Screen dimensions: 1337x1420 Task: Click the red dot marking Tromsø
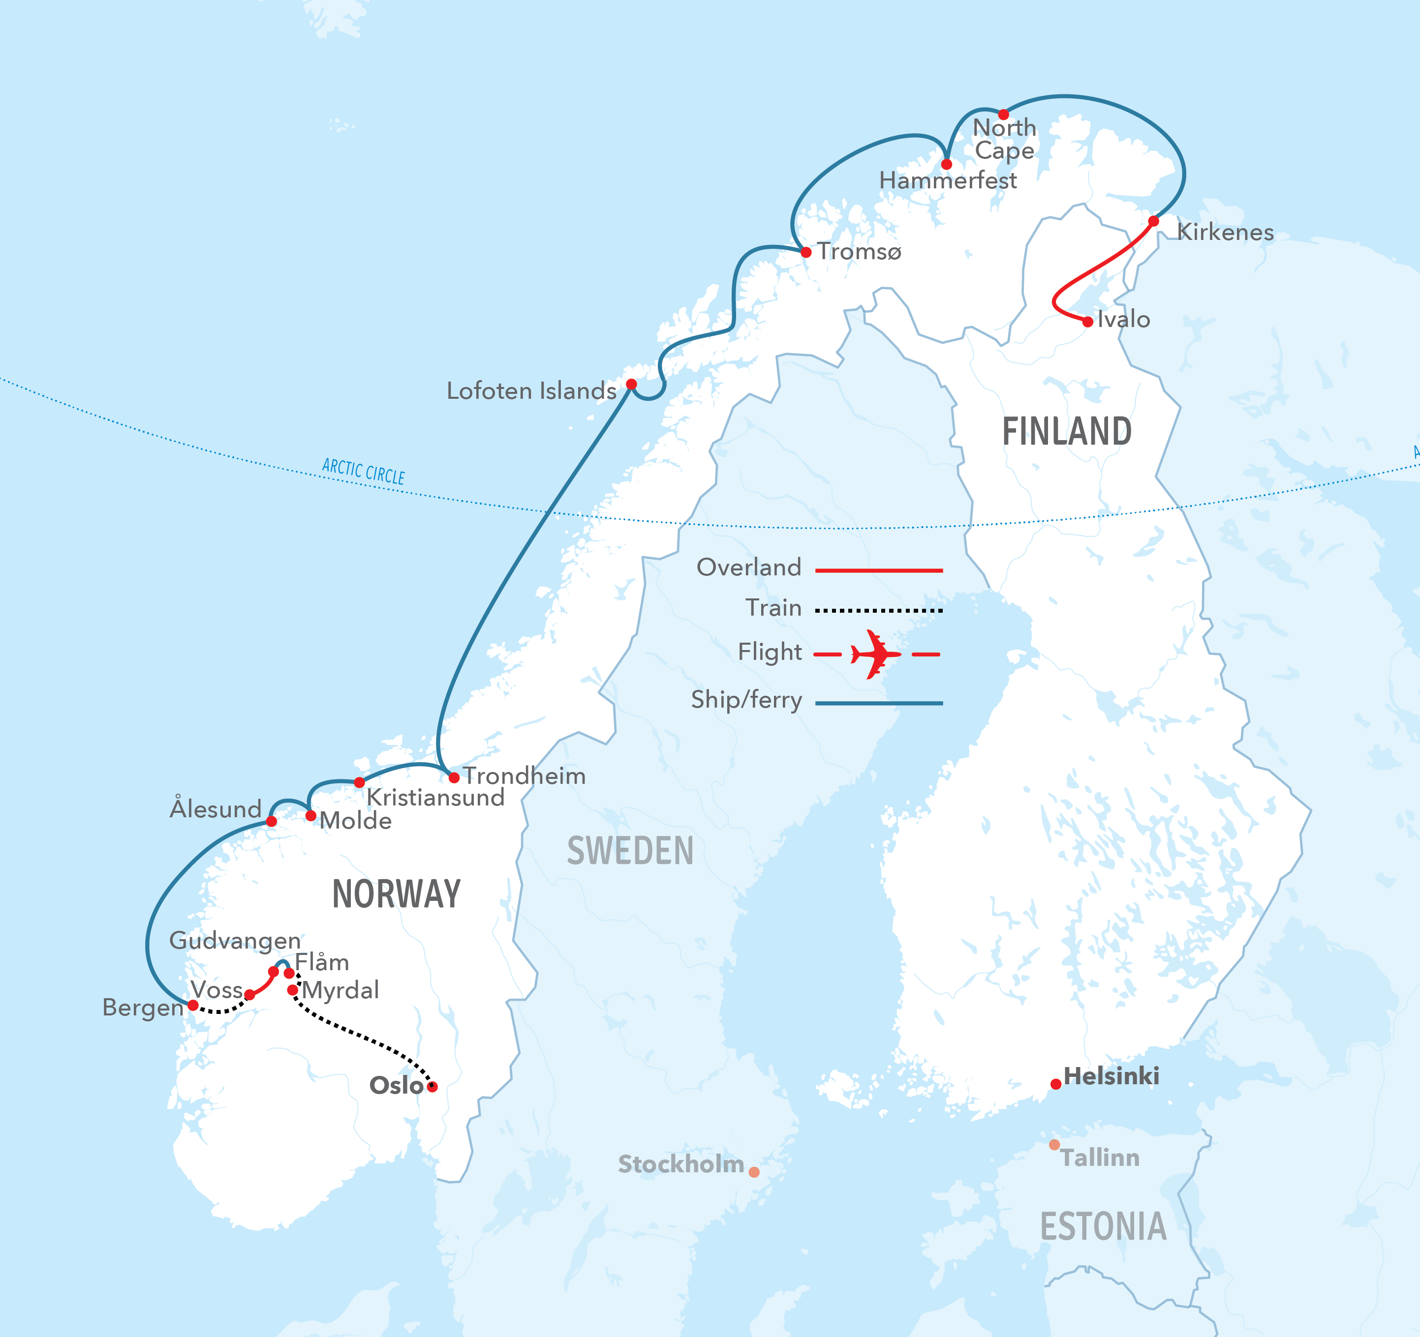pos(806,252)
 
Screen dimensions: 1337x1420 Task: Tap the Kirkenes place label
pos(1225,232)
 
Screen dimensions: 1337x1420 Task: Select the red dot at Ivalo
pos(1087,322)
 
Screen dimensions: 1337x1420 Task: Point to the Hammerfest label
pos(947,180)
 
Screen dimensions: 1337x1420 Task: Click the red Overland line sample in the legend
pos(879,570)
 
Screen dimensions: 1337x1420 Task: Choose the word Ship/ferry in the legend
pos(746,700)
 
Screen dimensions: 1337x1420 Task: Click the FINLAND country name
pos(1066,432)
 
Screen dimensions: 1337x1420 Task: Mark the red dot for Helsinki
pos(1056,1084)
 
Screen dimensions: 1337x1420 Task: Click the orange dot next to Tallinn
pos(1054,1144)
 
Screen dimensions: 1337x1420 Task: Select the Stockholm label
pos(680,1164)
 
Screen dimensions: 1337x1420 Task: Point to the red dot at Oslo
pos(432,1086)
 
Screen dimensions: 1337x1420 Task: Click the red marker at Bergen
pos(193,1005)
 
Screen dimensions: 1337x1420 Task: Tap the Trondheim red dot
pos(454,777)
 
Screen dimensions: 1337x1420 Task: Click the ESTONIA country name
pos(1103,1226)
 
